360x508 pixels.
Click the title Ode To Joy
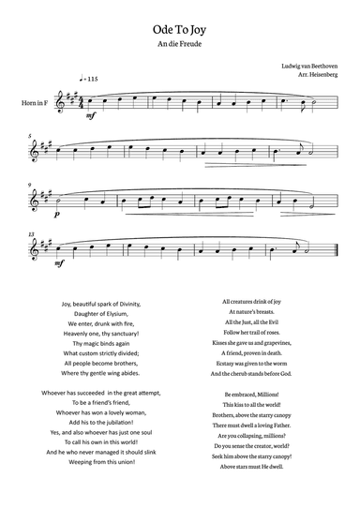180,30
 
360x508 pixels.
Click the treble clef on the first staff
64,99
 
